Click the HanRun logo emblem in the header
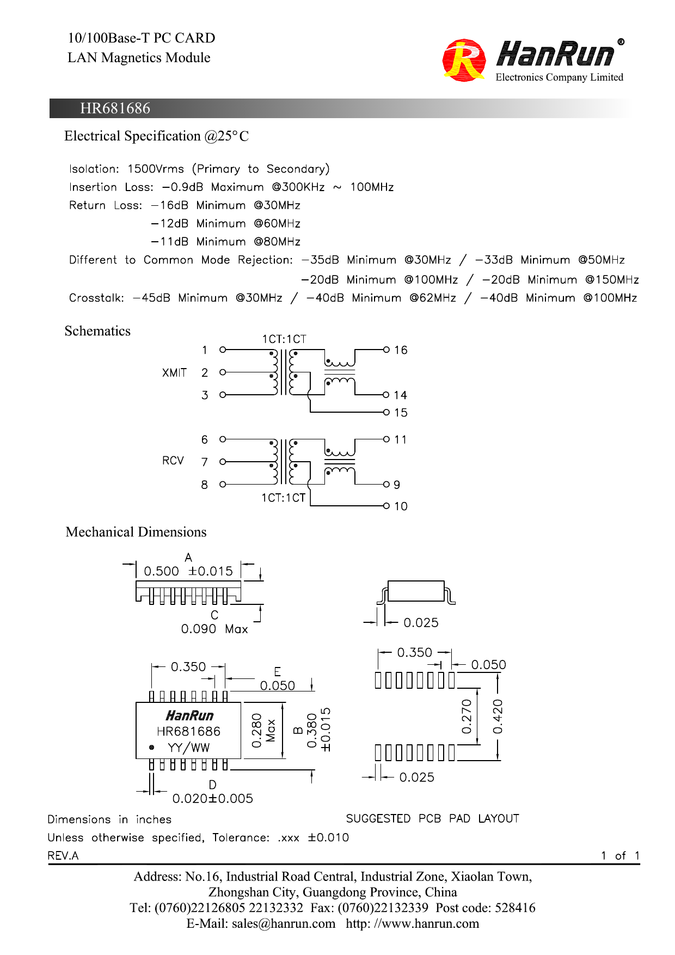tap(464, 60)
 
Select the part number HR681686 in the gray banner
tap(115, 108)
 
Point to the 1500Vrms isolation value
tap(156, 169)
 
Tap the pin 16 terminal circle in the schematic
tap(386, 350)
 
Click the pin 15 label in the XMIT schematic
tap(401, 413)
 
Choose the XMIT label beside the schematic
tap(174, 373)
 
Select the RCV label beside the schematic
tap(173, 461)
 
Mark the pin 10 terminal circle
tap(386, 506)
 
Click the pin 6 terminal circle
tap(223, 439)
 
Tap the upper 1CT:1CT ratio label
tap(284, 339)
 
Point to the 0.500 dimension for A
tap(161, 571)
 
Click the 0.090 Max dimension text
tap(214, 629)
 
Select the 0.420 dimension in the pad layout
tap(498, 717)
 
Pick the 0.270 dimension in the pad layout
tap(467, 717)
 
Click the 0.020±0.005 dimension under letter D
tap(213, 799)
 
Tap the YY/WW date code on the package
tap(188, 748)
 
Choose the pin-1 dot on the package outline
tap(151, 748)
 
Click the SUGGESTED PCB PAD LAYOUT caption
tap(433, 818)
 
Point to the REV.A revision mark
tap(63, 856)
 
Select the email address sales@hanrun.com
tap(284, 923)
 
